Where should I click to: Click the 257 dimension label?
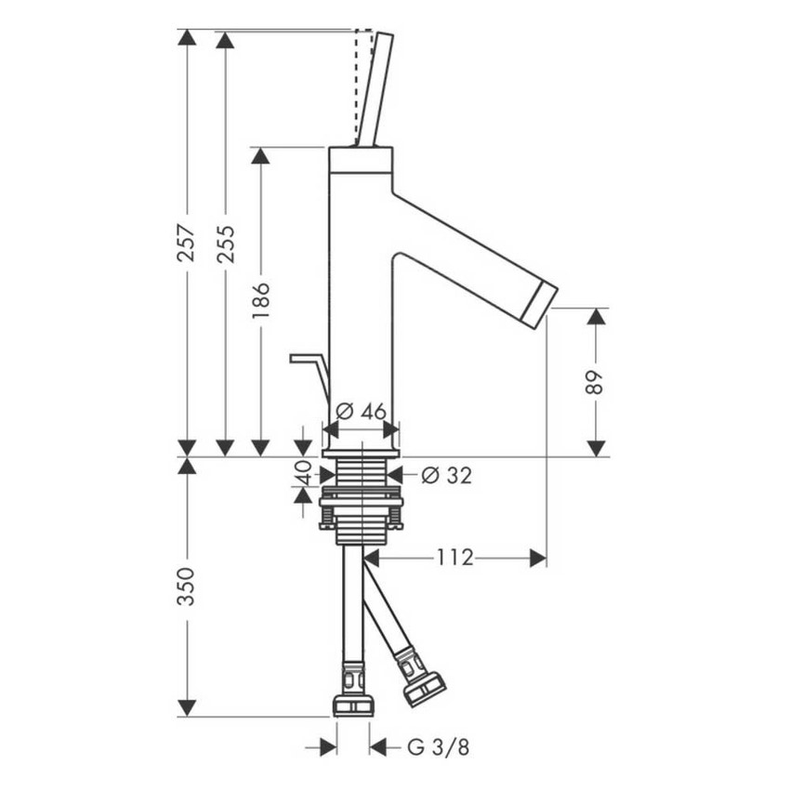point(187,243)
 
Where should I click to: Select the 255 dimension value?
point(225,243)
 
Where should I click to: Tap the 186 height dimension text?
point(261,301)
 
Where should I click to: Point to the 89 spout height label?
point(595,382)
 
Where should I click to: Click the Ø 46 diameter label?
point(361,411)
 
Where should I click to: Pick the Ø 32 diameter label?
point(446,476)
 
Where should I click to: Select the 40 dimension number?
point(302,474)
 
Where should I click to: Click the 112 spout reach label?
point(454,558)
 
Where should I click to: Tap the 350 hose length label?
point(187,586)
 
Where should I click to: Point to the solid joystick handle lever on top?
point(375,89)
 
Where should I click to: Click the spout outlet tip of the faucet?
point(539,304)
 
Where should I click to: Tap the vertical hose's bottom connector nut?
point(353,704)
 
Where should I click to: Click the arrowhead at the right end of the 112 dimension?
point(537,558)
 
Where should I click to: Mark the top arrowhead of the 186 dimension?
point(261,156)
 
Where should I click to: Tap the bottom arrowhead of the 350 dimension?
point(187,707)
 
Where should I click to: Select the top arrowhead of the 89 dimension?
point(596,317)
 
